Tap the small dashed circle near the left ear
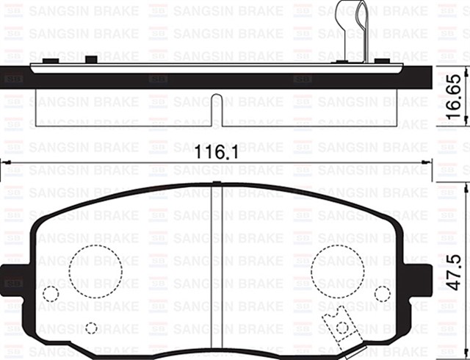pyautogui.click(x=51, y=294)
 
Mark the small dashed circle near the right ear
pyautogui.click(x=381, y=294)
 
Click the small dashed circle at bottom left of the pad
pyautogui.click(x=91, y=328)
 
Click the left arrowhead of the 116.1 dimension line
pyautogui.click(x=6, y=163)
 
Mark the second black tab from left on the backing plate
pyautogui.click(x=91, y=59)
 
